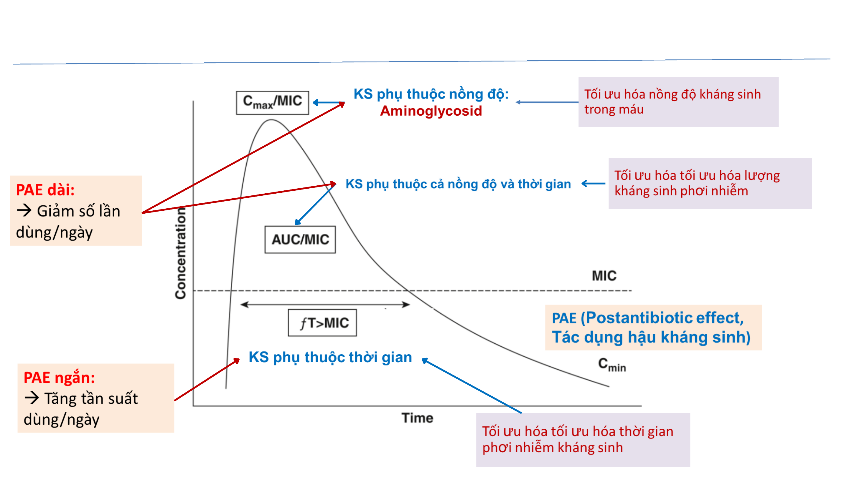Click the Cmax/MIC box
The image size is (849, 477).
272,102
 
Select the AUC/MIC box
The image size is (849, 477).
300,239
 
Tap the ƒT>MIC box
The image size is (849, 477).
322,323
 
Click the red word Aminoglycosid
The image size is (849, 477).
431,111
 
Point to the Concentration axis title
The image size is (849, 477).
181,253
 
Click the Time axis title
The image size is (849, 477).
417,418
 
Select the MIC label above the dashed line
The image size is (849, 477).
604,275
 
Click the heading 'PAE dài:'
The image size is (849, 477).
45,190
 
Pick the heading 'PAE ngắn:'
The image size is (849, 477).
59,378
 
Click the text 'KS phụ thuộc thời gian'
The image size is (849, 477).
330,357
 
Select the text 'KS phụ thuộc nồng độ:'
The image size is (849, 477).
431,94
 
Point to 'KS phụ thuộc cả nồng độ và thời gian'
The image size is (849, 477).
458,184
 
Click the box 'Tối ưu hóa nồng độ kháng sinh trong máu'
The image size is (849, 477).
678,102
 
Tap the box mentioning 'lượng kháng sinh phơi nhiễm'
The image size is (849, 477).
710,183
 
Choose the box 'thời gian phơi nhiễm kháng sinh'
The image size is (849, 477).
583,439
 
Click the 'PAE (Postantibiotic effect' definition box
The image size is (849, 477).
653,327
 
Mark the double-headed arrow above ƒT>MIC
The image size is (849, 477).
325,305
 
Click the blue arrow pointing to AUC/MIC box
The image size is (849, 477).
315,205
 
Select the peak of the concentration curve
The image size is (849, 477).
271,120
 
